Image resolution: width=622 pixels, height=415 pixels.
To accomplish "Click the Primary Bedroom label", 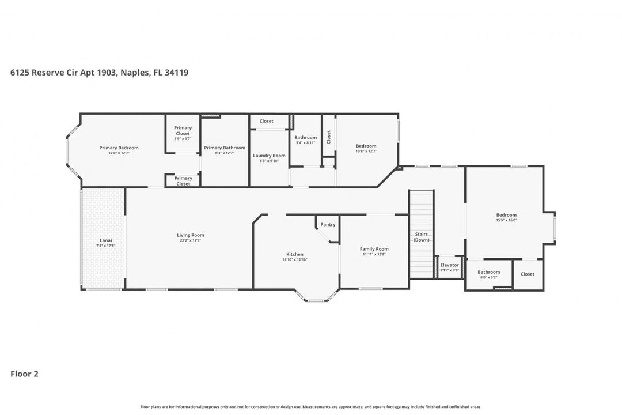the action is tap(119, 148).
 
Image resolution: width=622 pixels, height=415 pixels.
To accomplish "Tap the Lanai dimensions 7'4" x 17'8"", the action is tap(105, 246).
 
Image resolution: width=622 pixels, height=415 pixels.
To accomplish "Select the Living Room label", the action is tap(190, 235).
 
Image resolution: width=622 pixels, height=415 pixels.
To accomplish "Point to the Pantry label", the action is tap(328, 225).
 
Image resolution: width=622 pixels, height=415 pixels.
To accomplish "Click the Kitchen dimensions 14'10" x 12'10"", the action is tap(294, 259).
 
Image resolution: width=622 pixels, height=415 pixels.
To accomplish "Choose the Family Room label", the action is tap(374, 249).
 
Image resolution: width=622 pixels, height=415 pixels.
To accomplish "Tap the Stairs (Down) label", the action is tap(421, 237).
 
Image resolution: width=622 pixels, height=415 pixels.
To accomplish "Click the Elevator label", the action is tap(450, 265).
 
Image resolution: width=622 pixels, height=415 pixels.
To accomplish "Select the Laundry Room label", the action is tap(269, 156).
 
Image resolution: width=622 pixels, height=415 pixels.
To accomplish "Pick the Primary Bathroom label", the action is tap(225, 148).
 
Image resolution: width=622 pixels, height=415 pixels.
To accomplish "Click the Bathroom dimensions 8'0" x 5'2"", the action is tap(488, 277).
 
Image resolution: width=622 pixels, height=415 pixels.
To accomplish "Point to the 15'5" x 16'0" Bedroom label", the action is tap(506, 215).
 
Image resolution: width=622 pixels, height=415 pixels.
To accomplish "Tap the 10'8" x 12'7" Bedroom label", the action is tap(366, 146).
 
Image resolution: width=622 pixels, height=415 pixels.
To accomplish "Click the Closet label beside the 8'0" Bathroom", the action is tap(528, 274).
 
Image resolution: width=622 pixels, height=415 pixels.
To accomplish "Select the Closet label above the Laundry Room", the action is tap(266, 121).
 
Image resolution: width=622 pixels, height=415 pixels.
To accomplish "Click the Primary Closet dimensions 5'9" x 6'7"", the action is tap(183, 139).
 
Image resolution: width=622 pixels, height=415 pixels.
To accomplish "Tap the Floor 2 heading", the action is tap(24, 373).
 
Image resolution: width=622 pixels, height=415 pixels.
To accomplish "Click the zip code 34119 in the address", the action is tap(177, 73).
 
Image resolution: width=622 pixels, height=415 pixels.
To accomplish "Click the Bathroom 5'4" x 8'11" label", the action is tap(305, 137).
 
